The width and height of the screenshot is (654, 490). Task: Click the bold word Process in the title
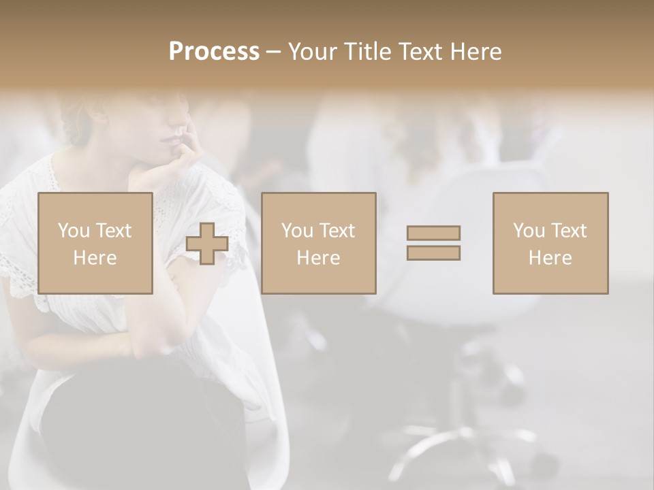coord(214,52)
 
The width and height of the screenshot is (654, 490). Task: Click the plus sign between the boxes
coord(207,244)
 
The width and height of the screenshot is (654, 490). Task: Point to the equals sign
coord(433,243)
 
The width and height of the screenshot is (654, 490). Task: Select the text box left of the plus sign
coord(95,243)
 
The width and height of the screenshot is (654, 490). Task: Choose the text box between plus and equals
coord(318,243)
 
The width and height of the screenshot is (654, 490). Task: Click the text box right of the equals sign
coord(550,243)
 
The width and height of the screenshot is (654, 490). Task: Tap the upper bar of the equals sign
coord(433,233)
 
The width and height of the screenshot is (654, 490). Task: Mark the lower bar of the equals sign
coord(433,252)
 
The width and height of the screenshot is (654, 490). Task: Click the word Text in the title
coord(418,52)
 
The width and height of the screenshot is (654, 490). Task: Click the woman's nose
coord(183,126)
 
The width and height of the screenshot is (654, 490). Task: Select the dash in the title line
coord(273,52)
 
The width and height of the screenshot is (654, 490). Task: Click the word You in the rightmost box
coord(527,231)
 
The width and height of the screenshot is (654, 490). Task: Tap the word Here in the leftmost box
coord(95,258)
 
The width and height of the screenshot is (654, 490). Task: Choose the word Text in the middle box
coord(338,231)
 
